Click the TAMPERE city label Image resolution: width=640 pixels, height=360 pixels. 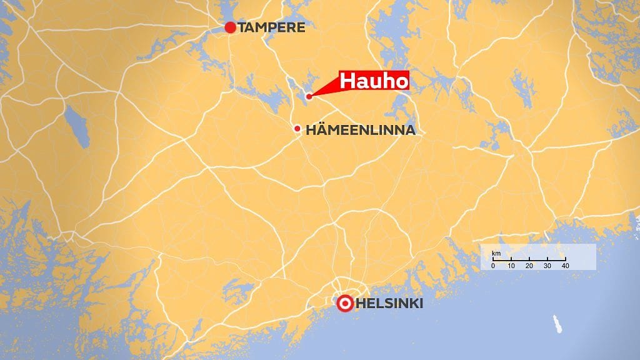[271, 27]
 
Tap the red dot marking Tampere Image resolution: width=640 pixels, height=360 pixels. [230, 27]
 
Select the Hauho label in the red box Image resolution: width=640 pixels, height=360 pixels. [374, 81]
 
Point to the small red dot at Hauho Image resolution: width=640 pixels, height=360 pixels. [309, 96]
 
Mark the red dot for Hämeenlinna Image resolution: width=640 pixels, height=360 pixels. [297, 129]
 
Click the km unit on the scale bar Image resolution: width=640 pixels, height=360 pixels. [496, 253]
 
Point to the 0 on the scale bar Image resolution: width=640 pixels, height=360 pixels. [493, 266]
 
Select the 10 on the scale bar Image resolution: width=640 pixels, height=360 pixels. [511, 266]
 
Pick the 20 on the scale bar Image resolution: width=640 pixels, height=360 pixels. [529, 266]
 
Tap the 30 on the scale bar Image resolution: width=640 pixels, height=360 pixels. [547, 266]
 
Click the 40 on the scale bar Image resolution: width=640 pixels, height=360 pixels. [566, 266]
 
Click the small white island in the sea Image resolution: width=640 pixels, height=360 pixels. [556, 323]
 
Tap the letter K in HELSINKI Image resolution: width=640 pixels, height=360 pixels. [414, 304]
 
